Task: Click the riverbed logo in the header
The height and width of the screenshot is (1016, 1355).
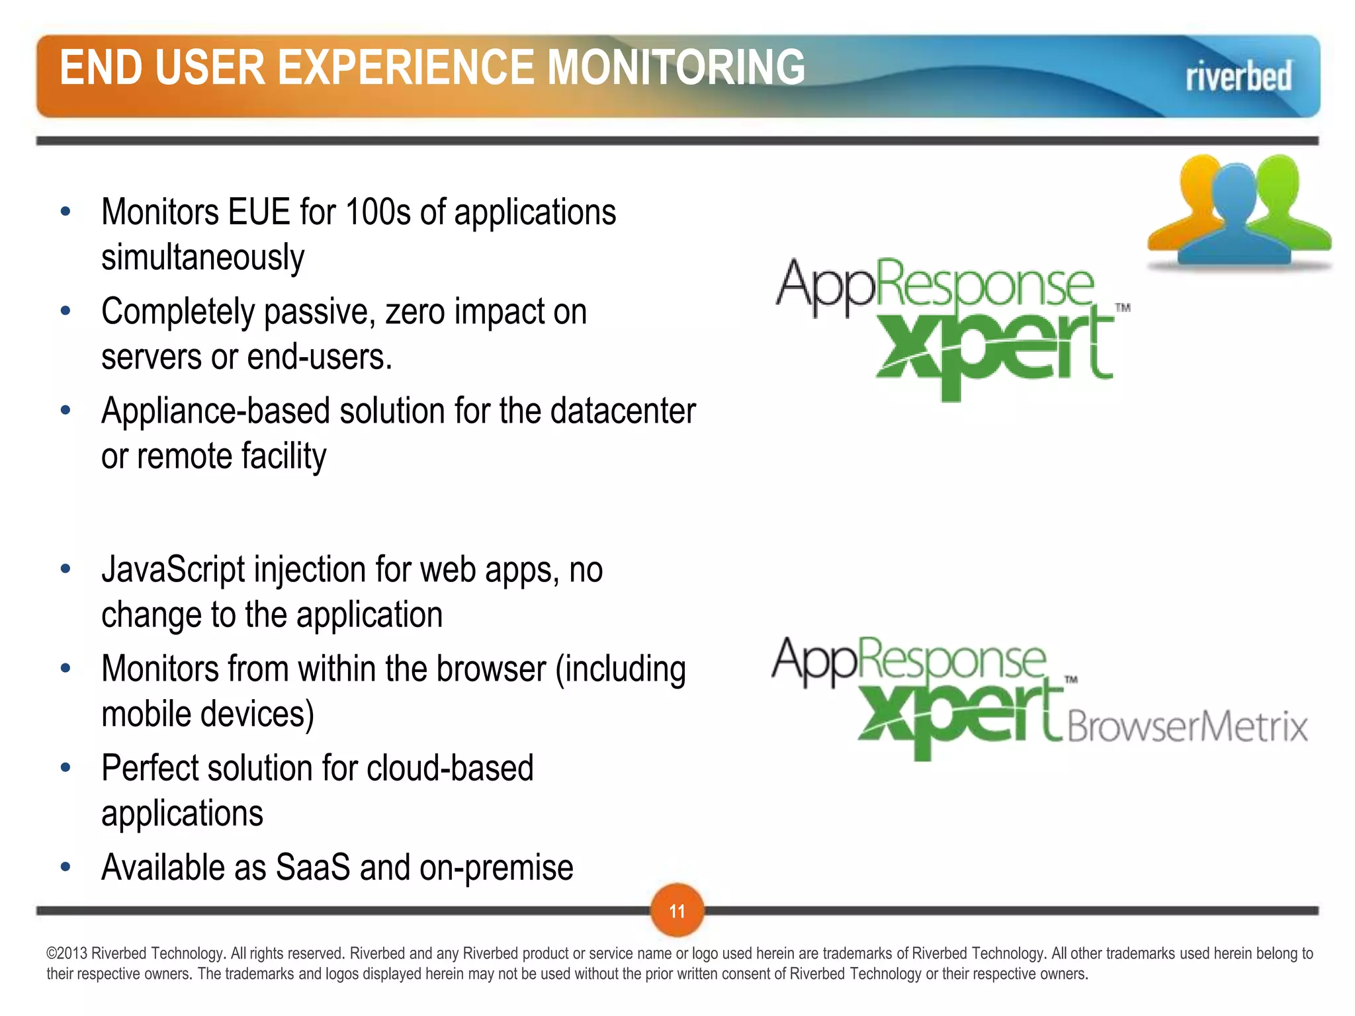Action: point(1238,77)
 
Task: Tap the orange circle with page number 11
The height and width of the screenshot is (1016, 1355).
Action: point(677,911)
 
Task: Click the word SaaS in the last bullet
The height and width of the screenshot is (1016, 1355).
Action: point(312,867)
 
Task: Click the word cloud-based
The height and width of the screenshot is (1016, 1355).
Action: point(450,768)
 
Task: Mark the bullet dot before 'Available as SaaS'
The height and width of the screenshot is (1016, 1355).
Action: point(65,867)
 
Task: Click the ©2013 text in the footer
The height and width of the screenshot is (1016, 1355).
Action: point(67,953)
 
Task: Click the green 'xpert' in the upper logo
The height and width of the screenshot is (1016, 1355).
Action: point(992,347)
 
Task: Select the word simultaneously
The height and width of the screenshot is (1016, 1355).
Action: point(202,257)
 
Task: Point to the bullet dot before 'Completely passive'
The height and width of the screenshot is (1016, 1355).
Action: point(65,311)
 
